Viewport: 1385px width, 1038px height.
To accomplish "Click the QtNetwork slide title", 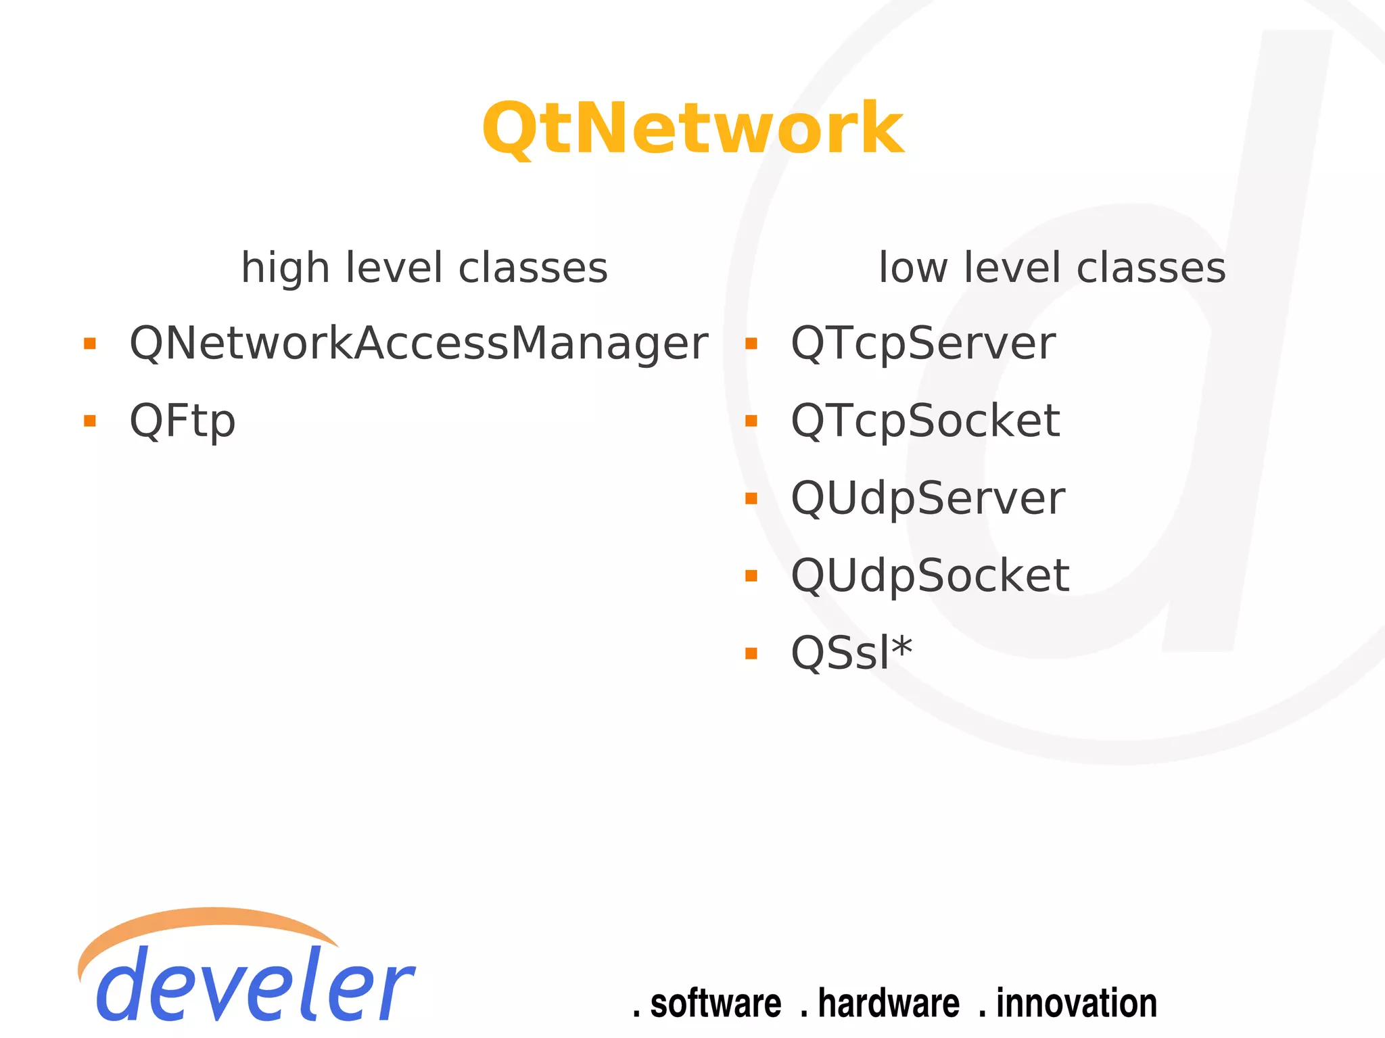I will [x=692, y=128].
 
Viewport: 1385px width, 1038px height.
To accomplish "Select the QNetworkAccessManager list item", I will [x=418, y=344].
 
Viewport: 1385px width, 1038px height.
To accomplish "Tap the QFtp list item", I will [x=182, y=421].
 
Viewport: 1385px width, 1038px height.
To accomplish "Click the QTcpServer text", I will [x=922, y=344].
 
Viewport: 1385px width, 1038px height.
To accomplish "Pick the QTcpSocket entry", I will [x=924, y=421].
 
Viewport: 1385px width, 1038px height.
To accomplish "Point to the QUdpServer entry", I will [x=927, y=498].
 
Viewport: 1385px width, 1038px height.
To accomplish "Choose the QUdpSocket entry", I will [x=929, y=576].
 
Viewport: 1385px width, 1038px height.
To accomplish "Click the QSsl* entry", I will [x=851, y=653].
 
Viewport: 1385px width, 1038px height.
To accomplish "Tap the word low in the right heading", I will [x=912, y=268].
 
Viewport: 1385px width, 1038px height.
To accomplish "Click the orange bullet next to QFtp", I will [x=89, y=421].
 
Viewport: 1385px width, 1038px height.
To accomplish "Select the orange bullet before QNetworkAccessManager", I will [x=89, y=344].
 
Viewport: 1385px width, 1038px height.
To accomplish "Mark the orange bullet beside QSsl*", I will [x=751, y=653].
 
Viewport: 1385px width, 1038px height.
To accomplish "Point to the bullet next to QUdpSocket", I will [x=751, y=576].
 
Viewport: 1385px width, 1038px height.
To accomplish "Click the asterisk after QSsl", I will [x=901, y=647].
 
